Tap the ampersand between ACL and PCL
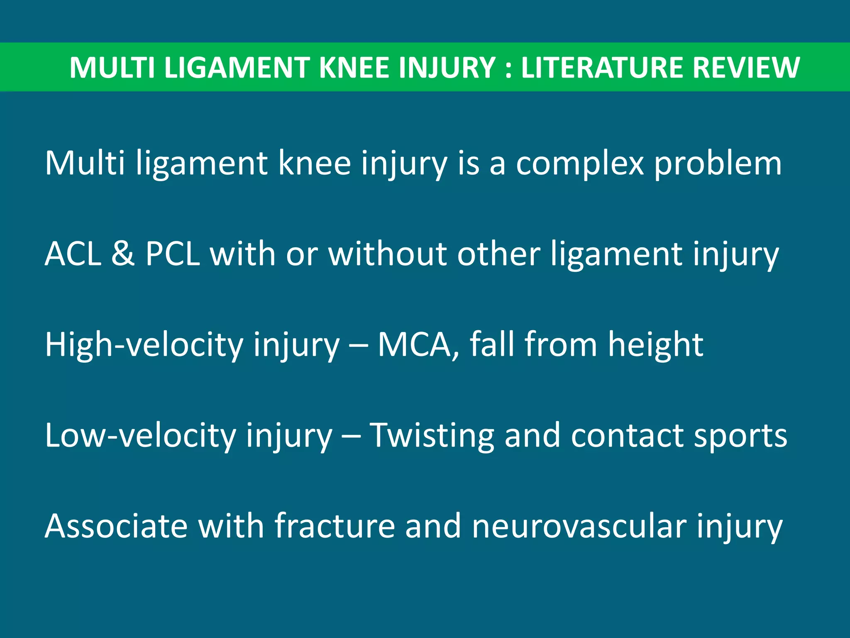(x=123, y=254)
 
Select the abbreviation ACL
(x=73, y=254)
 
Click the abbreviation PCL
(x=173, y=254)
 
